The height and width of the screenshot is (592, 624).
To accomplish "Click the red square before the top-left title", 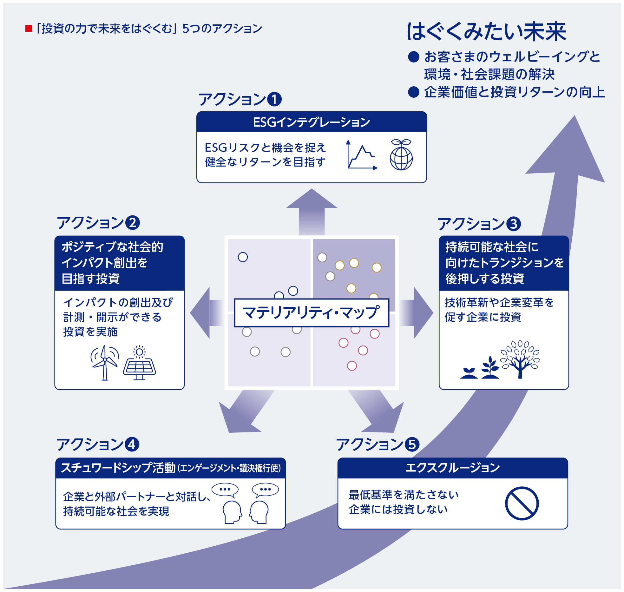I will click(29, 29).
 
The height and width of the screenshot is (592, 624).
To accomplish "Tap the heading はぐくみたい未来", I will click(486, 32).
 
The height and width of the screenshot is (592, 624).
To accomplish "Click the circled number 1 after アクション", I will click(274, 99).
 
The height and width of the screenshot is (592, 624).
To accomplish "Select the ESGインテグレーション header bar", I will click(312, 122).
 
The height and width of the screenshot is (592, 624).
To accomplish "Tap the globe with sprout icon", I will click(401, 155).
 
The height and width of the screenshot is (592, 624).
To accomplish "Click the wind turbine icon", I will click(105, 362).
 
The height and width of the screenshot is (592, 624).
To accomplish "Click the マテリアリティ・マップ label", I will click(311, 313).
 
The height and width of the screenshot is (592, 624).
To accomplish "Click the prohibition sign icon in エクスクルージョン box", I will click(522, 503).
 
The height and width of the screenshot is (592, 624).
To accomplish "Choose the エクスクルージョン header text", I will click(452, 468).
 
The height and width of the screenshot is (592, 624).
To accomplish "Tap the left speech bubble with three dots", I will click(225, 490).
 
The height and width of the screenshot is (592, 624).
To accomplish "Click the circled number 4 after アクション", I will click(132, 444).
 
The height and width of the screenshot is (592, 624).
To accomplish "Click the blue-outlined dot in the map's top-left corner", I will click(243, 257).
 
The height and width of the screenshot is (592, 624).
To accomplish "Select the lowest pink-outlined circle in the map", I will click(352, 366).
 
